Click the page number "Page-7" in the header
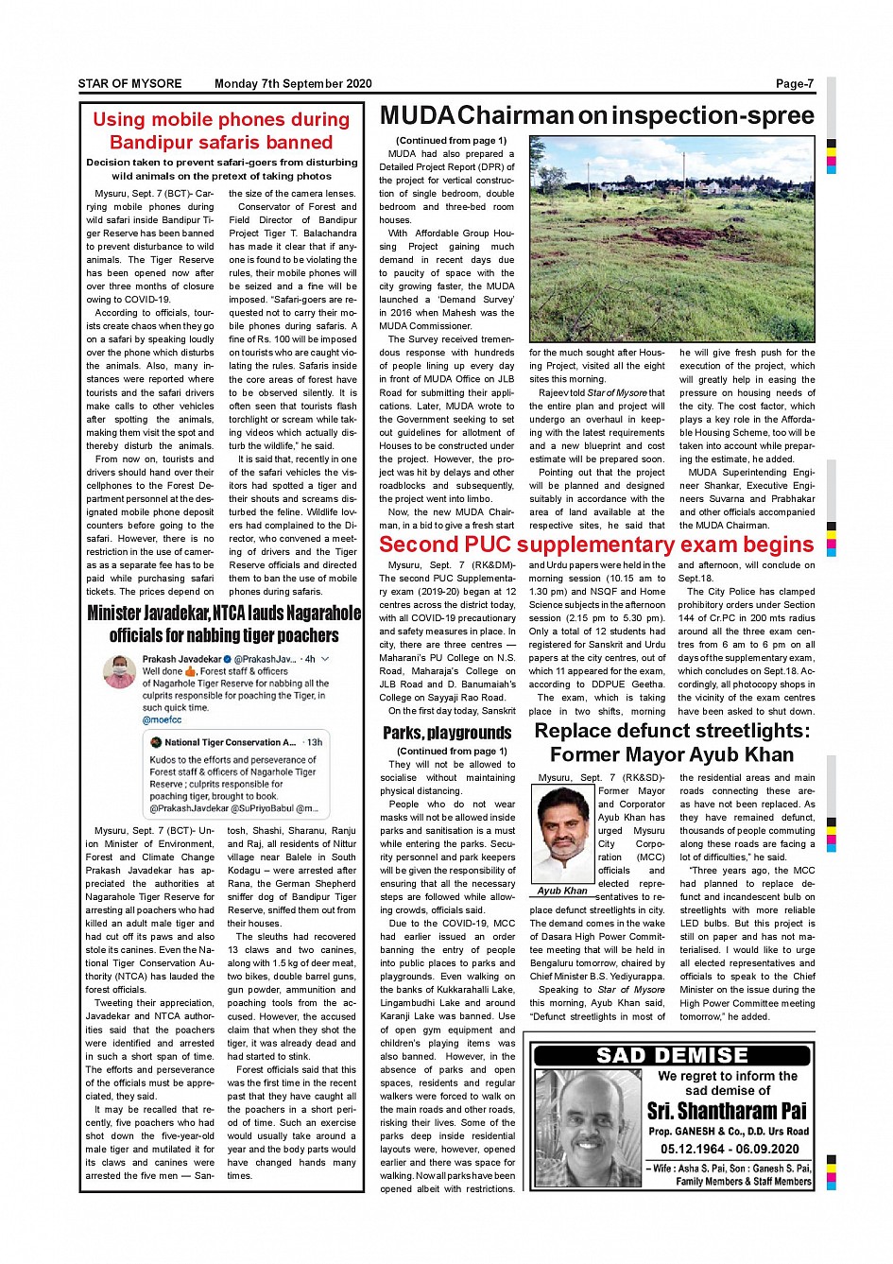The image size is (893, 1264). (794, 84)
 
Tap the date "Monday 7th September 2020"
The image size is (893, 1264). (293, 84)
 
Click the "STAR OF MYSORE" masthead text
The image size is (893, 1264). (129, 84)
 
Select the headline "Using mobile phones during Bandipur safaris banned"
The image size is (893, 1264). (221, 131)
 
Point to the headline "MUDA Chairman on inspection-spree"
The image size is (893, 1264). (596, 116)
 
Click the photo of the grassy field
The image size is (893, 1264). (672, 238)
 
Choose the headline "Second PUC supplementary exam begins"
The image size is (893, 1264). (596, 545)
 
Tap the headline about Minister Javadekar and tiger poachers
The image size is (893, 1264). (224, 624)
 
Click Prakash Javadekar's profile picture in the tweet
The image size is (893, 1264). (119, 671)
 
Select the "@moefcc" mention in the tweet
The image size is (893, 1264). (162, 720)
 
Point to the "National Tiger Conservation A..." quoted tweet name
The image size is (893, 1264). (230, 742)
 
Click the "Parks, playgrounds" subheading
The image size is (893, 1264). (447, 733)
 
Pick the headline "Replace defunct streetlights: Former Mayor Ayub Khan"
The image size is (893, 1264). (672, 742)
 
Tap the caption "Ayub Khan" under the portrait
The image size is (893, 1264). (562, 891)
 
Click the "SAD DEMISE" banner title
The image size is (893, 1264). (672, 1055)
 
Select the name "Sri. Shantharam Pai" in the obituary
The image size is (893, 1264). (727, 1111)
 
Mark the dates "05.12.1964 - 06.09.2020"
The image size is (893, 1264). (730, 1149)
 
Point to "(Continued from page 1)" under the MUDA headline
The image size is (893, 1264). (451, 141)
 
